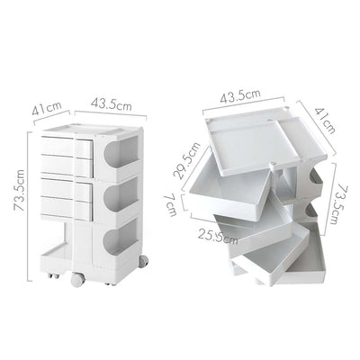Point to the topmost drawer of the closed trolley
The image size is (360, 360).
64,145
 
